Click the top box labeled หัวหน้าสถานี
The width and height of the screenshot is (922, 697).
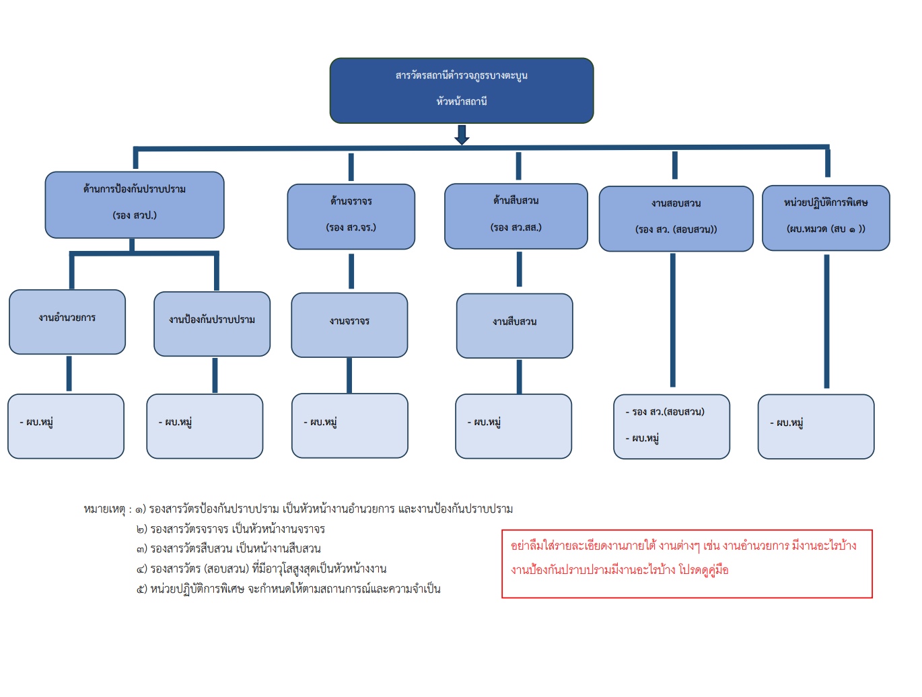point(461,91)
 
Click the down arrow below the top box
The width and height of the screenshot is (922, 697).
point(462,135)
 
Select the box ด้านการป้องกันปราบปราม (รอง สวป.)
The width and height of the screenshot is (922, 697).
point(135,205)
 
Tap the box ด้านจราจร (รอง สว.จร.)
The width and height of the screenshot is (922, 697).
point(351,216)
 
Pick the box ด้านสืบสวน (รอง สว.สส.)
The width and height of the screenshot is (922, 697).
point(516,215)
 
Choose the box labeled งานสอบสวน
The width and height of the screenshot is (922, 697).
point(676,218)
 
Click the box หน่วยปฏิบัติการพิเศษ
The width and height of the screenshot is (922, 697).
point(826,217)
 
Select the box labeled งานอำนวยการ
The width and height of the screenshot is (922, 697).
point(67,322)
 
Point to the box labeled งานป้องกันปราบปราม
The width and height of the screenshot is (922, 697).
point(212,324)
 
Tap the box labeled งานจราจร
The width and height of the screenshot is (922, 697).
point(349,324)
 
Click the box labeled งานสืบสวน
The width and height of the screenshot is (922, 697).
point(514,326)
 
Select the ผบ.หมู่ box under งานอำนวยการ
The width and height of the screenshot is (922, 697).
point(66,426)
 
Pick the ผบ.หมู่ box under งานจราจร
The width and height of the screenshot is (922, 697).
point(349,425)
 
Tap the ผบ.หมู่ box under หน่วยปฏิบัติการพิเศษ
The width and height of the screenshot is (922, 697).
point(816,426)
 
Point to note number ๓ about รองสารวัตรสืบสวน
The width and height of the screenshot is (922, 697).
point(229,548)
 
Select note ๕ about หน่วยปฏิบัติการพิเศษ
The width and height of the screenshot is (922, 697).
point(289,589)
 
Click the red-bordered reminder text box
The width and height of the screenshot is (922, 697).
point(686,563)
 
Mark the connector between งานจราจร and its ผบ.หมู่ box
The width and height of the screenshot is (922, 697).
point(349,375)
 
